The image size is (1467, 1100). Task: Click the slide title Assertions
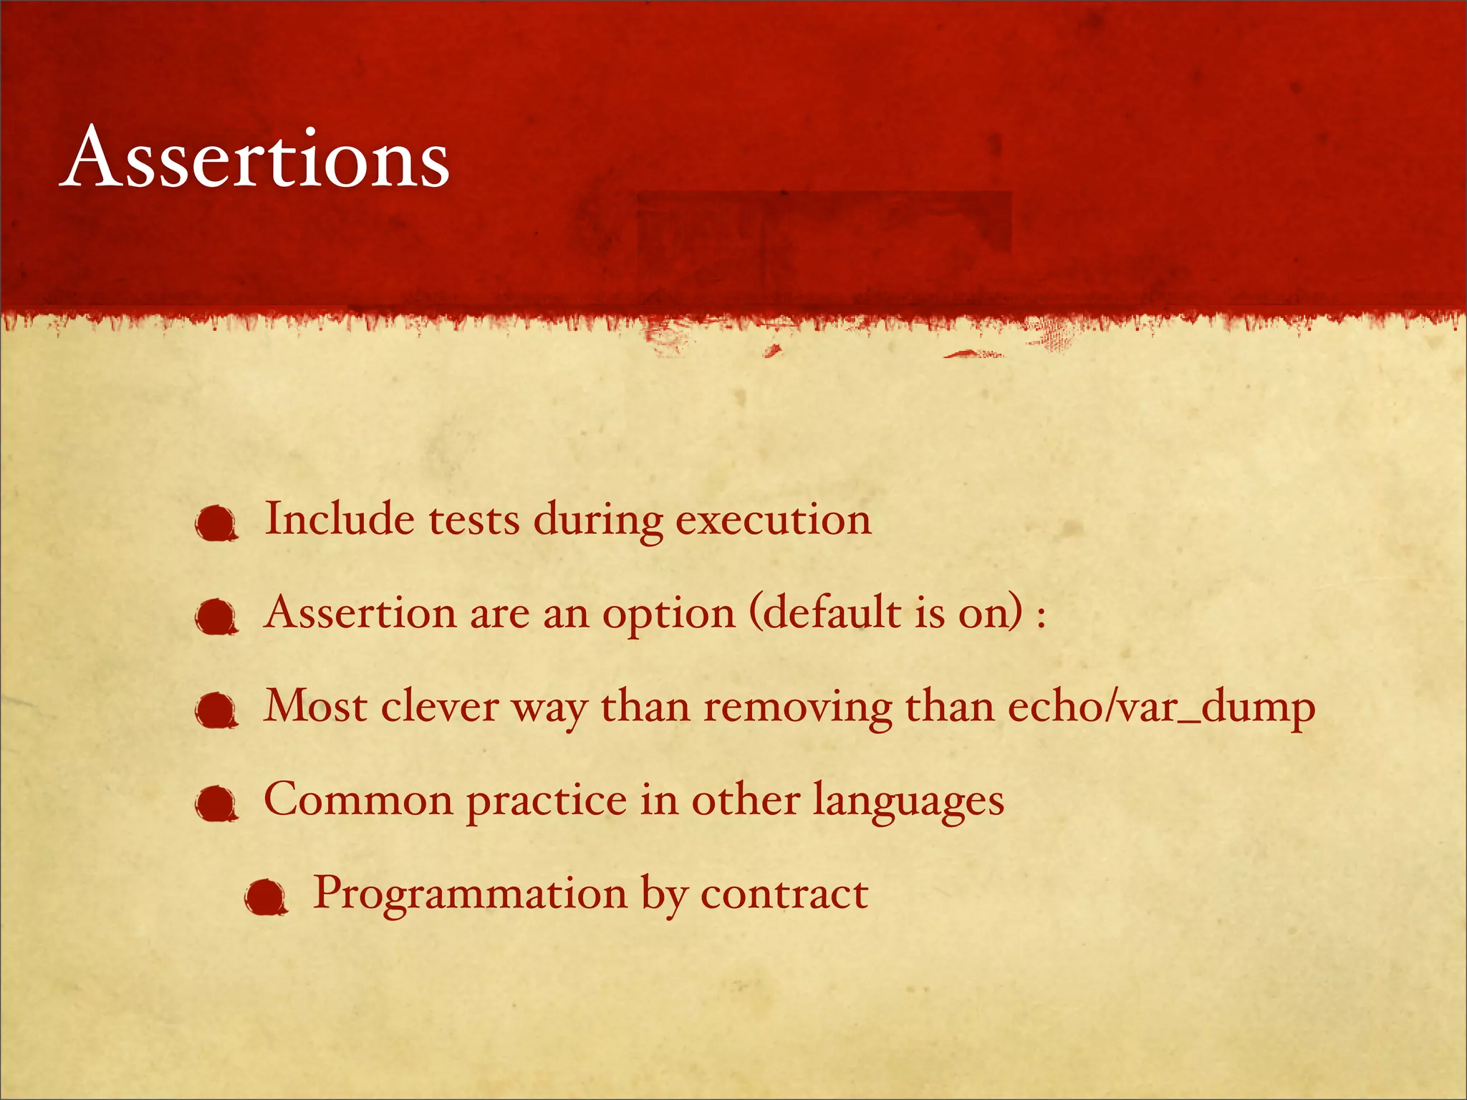point(255,158)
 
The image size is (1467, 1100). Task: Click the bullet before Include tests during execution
point(216,524)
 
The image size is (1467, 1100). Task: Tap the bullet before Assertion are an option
point(216,617)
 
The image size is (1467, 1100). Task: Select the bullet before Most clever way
point(216,711)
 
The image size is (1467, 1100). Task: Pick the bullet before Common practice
point(216,804)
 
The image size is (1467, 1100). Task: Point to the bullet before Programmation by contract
point(266,898)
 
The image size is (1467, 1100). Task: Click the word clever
point(439,707)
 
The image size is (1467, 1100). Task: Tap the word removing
point(797,708)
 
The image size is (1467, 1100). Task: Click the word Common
point(358,799)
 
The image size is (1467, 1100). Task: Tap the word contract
point(784,894)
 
